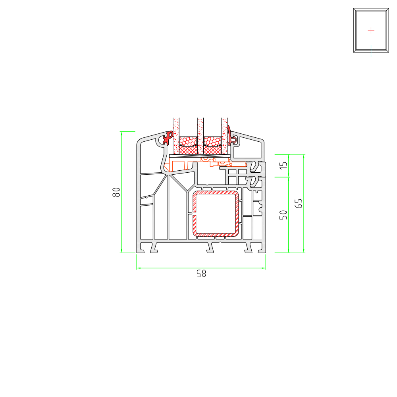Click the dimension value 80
tap(116, 192)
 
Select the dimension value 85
tap(201, 274)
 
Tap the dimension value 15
tap(283, 166)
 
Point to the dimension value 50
tap(283, 215)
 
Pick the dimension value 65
tap(299, 203)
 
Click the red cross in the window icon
tap(371, 31)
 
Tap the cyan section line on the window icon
tap(371, 51)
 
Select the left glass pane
tap(176, 136)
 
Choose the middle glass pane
tap(200, 136)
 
